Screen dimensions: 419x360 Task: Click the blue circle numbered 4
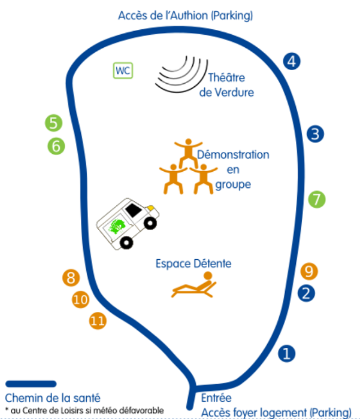[292, 60]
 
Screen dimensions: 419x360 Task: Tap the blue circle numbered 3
[315, 134]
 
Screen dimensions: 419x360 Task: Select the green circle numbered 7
[317, 199]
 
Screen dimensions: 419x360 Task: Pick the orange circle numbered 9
[308, 271]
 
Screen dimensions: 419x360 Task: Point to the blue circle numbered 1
[288, 353]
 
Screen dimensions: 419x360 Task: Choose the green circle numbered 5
[54, 123]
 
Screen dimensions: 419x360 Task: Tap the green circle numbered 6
[56, 145]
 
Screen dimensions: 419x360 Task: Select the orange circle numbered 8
[71, 278]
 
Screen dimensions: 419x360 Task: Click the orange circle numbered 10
[80, 299]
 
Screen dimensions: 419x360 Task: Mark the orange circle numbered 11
[98, 321]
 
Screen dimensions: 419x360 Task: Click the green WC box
[123, 71]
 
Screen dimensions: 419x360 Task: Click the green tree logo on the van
[117, 227]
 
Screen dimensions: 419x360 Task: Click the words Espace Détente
[193, 263]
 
